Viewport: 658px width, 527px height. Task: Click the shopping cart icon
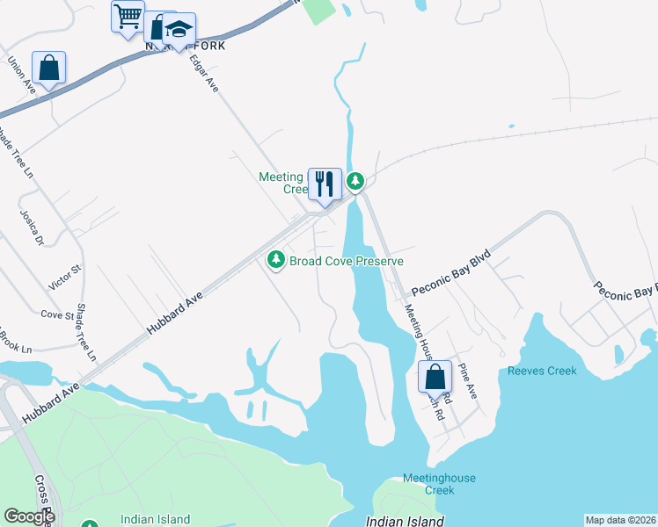click(128, 17)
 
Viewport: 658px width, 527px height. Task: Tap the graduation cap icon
click(179, 29)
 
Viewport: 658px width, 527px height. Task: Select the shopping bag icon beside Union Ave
click(49, 68)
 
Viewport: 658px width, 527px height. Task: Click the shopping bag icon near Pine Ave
click(435, 377)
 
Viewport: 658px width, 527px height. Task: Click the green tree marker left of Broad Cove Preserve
click(276, 259)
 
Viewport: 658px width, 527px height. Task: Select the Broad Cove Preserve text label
click(347, 261)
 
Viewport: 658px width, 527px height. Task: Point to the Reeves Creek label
click(542, 371)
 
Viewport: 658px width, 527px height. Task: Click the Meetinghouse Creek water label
click(439, 484)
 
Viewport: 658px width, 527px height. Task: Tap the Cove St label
click(57, 314)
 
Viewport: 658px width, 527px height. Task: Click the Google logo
click(29, 516)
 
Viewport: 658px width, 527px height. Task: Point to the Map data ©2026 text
click(621, 520)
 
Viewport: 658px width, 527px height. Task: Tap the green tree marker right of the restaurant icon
click(355, 182)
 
